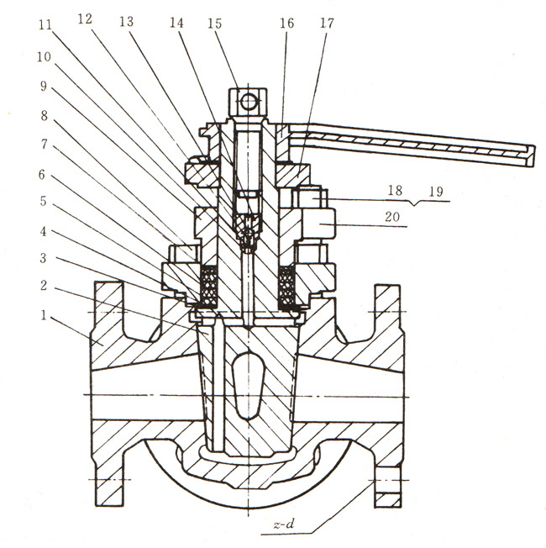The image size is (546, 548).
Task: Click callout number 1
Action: pos(44,315)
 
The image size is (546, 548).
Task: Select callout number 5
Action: pos(44,202)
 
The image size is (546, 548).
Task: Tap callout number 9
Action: pos(44,86)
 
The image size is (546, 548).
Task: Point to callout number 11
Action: pos(45,25)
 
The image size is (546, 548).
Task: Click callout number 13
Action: pos(127,22)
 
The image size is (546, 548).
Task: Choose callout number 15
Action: pos(214,24)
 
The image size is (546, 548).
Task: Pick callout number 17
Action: pos(328,23)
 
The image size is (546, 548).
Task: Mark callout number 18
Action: pos(395,190)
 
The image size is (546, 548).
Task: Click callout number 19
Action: pos(436,191)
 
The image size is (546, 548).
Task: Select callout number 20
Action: pos(392,217)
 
